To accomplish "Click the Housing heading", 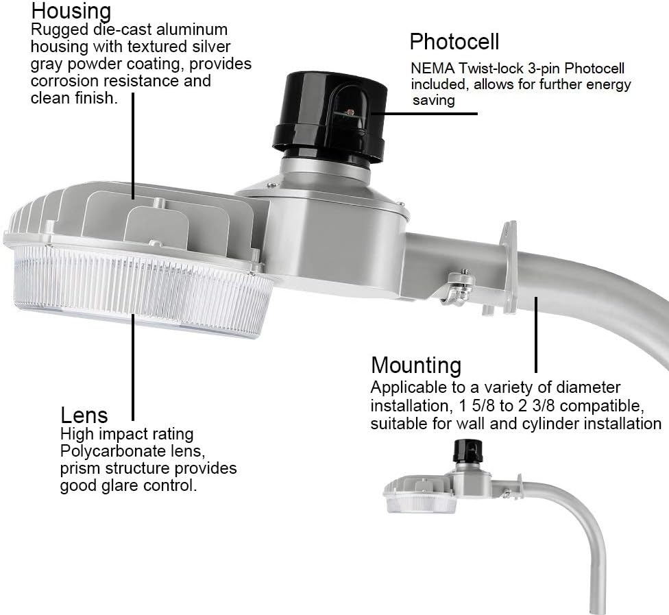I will pyautogui.click(x=71, y=12).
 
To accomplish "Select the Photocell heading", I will pyautogui.click(x=454, y=41).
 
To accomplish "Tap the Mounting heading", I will pyautogui.click(x=415, y=365).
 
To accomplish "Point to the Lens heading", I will pyautogui.click(x=84, y=415).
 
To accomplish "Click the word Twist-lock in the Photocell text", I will pyautogui.click(x=489, y=69).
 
